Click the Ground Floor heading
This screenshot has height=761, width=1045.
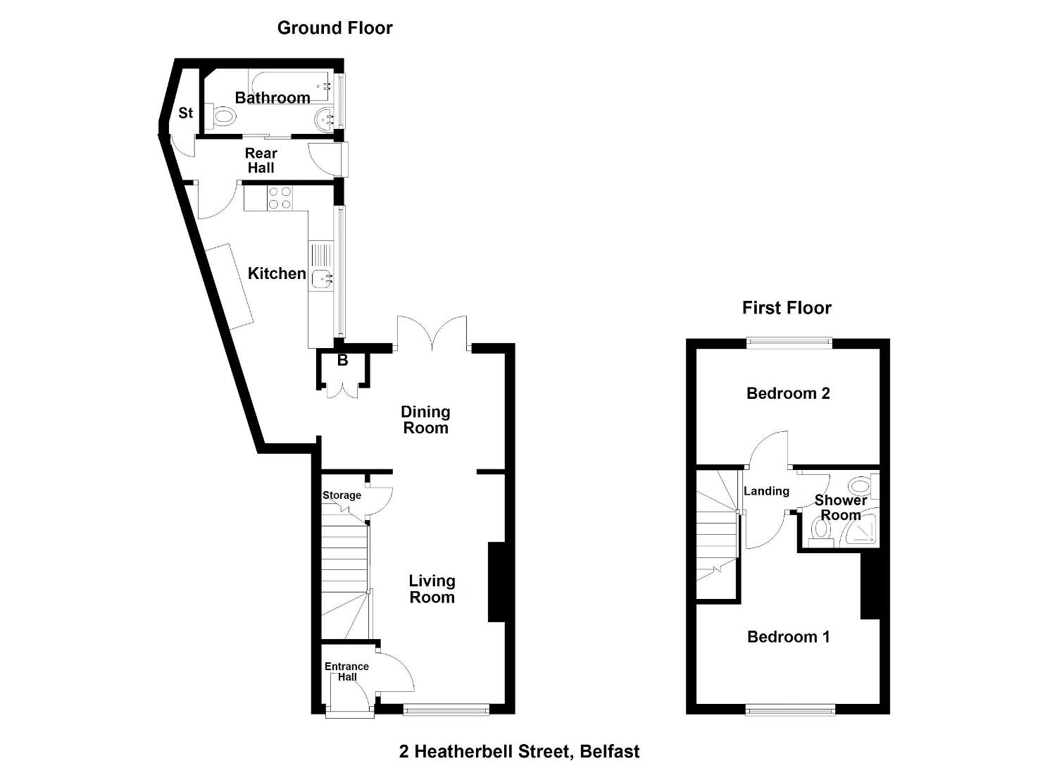point(334,28)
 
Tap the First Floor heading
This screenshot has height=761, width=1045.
point(787,308)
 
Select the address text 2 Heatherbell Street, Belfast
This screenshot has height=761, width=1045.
point(519,738)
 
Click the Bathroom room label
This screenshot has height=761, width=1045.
point(273,97)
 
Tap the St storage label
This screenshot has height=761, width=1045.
point(186,113)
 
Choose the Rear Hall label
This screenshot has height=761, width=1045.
point(261,160)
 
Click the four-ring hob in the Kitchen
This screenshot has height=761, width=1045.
point(280,198)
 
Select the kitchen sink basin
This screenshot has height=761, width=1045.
point(323,279)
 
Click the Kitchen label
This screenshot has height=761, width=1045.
point(277,273)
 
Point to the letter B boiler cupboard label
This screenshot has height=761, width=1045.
point(342,361)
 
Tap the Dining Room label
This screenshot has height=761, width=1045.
point(425,420)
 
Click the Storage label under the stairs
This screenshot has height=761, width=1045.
point(342,495)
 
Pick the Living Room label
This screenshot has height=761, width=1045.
point(432,589)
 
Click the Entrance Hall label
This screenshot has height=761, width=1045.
point(346,672)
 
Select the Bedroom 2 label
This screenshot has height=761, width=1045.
point(788,393)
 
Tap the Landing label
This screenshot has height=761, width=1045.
point(766,490)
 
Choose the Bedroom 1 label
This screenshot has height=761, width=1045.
point(789,637)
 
